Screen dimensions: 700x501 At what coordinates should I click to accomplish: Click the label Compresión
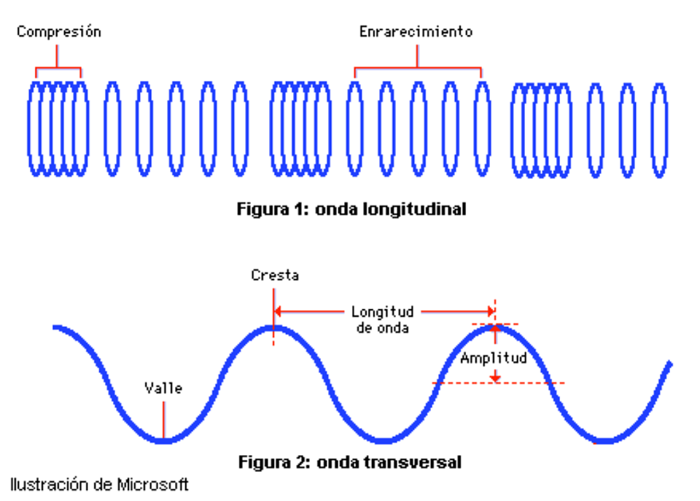pos(59,32)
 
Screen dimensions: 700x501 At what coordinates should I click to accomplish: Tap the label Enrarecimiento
pos(416,31)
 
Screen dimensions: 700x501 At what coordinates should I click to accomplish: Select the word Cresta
pos(275,275)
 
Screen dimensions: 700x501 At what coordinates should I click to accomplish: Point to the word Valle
pos(163,388)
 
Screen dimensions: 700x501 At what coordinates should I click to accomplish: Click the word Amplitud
pos(494,358)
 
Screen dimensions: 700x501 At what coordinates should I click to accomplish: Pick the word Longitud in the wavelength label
pos(383,312)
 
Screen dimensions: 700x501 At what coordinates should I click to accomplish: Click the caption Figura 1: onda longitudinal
pos(351,209)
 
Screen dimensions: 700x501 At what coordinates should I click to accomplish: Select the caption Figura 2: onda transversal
pos(350,462)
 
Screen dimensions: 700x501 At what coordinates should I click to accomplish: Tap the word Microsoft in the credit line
pos(152,484)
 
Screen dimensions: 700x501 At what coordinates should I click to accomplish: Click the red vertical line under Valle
pos(163,420)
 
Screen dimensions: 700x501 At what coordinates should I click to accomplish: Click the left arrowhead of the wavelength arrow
pos(278,311)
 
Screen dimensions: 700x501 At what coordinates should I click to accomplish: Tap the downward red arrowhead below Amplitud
pos(495,379)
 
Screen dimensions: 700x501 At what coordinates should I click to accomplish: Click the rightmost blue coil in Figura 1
pos(659,130)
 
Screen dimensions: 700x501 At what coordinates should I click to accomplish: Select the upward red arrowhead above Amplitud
pos(495,329)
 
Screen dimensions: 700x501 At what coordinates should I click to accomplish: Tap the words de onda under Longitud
pos(383,328)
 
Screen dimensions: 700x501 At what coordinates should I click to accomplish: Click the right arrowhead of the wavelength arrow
pos(491,311)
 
